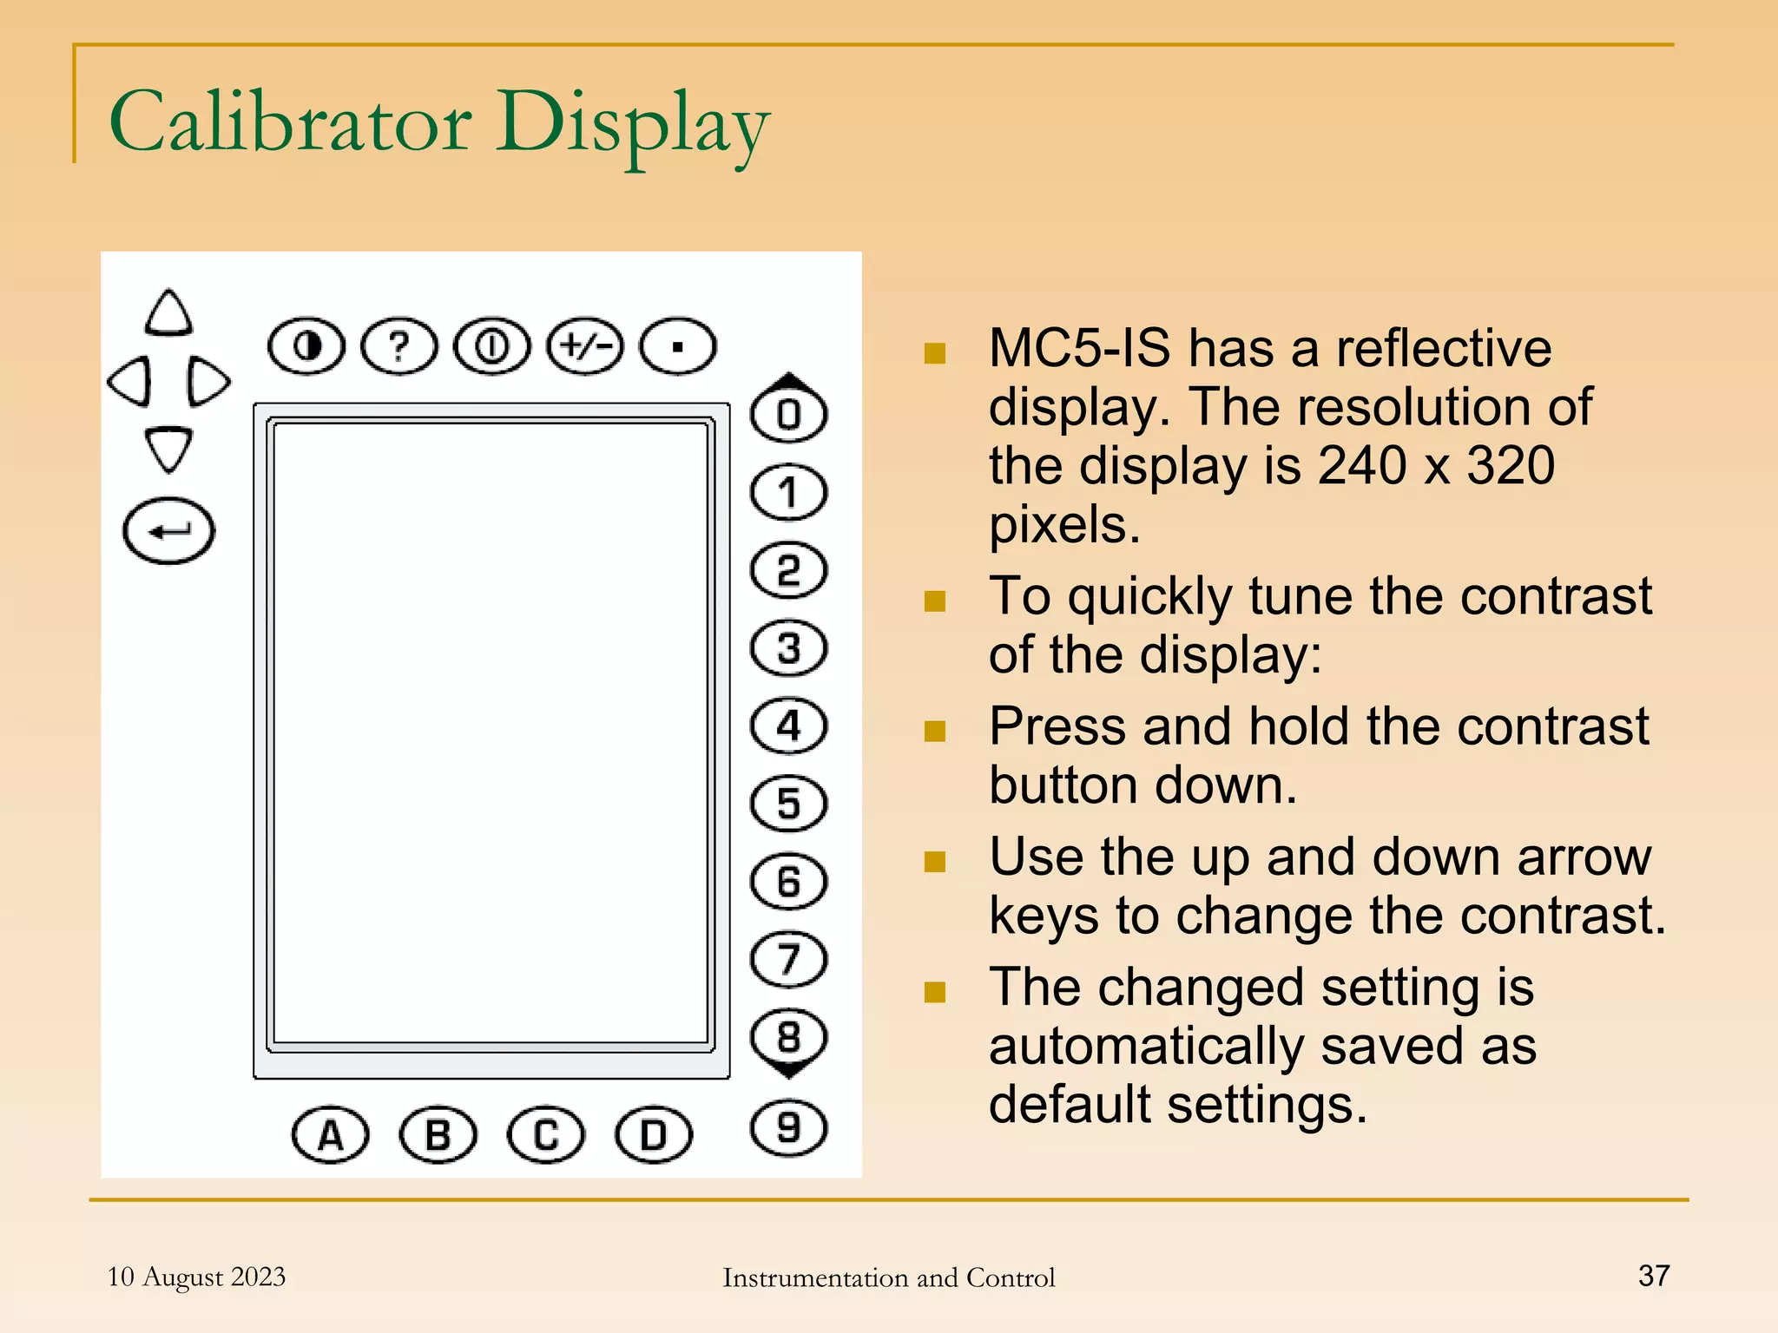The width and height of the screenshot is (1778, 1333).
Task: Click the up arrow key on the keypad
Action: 168,313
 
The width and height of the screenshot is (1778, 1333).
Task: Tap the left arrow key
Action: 131,381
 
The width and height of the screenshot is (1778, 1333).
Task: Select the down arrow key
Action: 168,448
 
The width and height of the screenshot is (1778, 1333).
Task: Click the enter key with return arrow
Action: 168,531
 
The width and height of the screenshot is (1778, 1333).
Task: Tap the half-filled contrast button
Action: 306,346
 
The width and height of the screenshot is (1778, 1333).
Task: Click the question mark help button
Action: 399,346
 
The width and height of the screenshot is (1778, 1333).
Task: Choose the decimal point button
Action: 678,346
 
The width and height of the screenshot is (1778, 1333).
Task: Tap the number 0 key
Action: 788,414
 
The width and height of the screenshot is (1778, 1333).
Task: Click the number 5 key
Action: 788,804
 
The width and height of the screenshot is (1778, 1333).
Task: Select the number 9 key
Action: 788,1128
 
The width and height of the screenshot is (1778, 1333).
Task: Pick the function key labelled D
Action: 654,1134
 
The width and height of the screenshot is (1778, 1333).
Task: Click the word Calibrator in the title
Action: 290,122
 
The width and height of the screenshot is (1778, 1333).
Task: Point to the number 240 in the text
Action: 1361,466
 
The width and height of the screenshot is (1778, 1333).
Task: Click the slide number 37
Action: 1654,1276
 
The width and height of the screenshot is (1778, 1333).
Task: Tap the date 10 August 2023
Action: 196,1277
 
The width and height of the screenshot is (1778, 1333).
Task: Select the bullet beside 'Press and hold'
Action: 935,731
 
